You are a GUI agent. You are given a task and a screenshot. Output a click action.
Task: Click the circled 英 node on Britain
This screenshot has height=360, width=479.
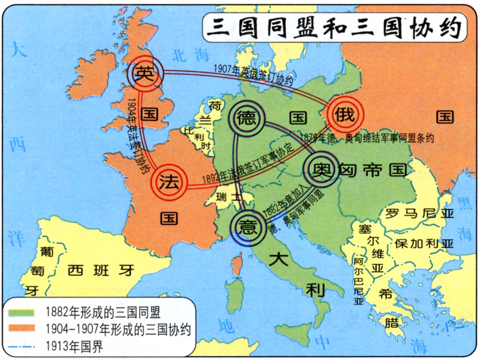(145, 73)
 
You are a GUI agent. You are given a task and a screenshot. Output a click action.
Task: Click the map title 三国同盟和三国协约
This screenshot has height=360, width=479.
(334, 28)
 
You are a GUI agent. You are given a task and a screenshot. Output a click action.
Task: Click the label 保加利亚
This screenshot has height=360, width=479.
(424, 243)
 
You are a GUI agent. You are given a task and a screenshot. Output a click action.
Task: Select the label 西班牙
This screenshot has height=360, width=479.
(101, 270)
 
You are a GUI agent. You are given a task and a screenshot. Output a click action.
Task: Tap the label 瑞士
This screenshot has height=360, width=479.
(228, 197)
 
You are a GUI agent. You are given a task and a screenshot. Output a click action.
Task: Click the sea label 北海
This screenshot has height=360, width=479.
(190, 55)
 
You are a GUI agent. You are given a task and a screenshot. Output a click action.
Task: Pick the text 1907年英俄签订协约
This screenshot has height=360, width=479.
(253, 75)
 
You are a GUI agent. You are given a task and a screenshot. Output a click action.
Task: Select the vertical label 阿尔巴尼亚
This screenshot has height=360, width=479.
(359, 281)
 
